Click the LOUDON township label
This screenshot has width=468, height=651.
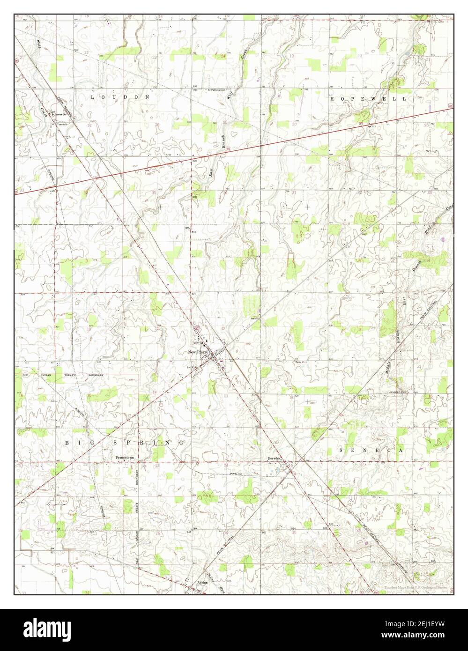(x=119, y=97)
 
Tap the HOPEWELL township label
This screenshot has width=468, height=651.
(x=367, y=99)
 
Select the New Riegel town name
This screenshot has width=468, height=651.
(x=198, y=352)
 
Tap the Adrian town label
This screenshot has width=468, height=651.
(x=202, y=583)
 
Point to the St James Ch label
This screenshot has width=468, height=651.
(x=59, y=114)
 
